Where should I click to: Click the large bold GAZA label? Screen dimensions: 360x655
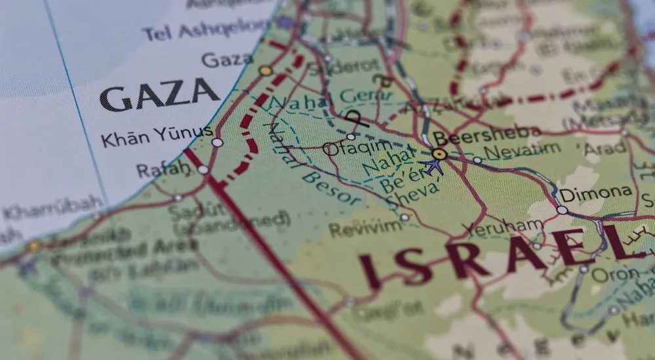point(159,96)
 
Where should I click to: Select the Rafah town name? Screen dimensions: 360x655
point(162,170)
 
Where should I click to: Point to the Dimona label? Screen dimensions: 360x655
point(595,194)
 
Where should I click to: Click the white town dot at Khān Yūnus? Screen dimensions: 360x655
point(217,142)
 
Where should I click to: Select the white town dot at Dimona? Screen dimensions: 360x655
point(562,210)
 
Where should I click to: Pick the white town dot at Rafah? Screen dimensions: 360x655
point(203,170)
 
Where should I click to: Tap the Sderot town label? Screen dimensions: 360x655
point(334,67)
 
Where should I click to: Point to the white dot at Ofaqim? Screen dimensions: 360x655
point(351,137)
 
